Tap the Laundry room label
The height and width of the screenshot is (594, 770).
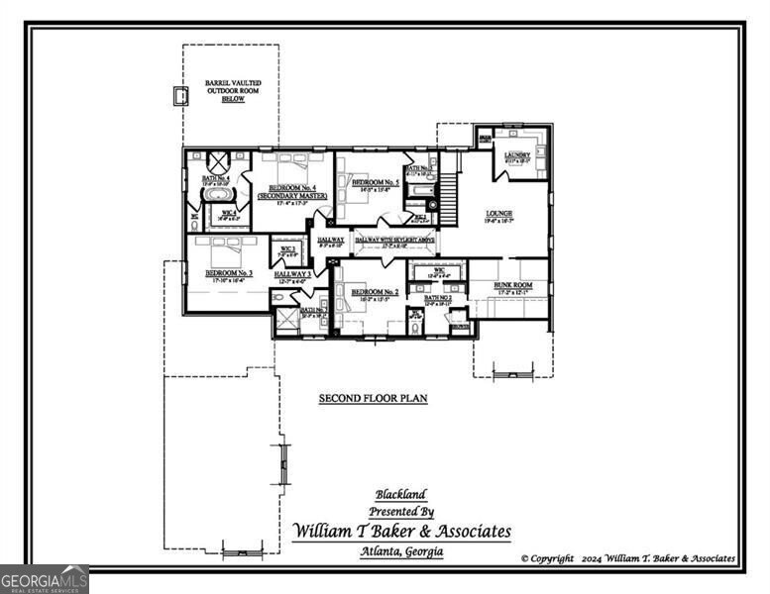[517, 155]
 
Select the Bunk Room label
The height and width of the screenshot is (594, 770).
[514, 285]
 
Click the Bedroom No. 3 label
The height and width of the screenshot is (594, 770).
[229, 273]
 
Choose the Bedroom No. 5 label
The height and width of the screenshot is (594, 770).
[376, 183]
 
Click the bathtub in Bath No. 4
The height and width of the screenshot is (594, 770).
[218, 194]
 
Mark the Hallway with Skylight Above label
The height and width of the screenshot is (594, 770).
[394, 241]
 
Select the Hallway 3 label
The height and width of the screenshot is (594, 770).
[293, 274]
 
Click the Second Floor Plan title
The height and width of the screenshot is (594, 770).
[373, 399]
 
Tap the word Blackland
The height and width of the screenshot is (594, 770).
[400, 494]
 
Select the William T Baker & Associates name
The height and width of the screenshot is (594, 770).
[402, 532]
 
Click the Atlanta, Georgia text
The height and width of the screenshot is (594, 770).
[402, 552]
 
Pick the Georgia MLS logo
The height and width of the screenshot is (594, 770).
[45, 578]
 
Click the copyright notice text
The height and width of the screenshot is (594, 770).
[628, 559]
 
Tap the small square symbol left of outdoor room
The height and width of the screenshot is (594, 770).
[179, 97]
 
